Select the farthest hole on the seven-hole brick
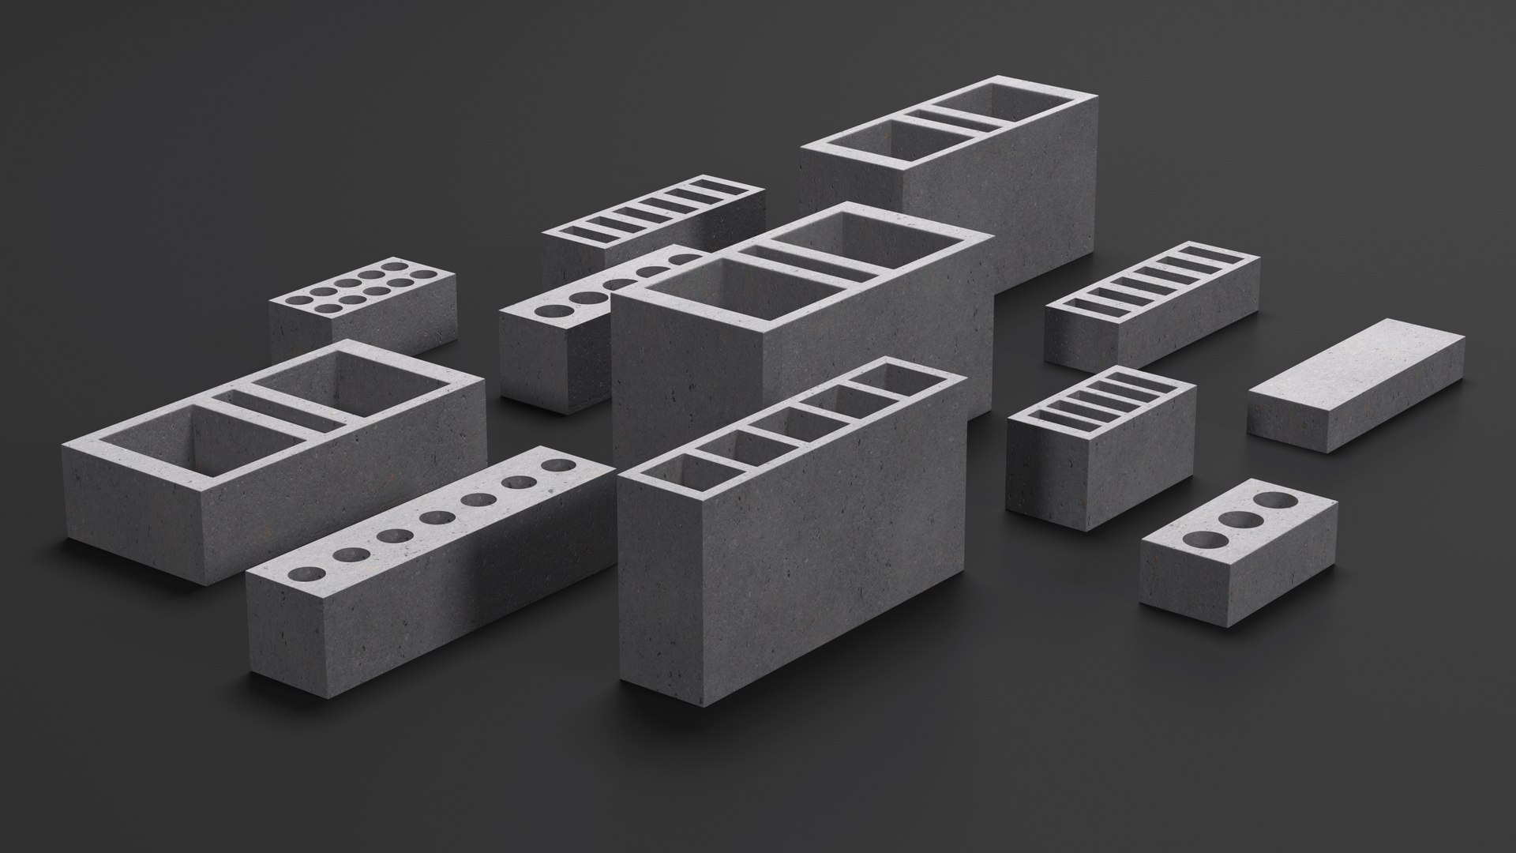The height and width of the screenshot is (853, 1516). pos(561,464)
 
